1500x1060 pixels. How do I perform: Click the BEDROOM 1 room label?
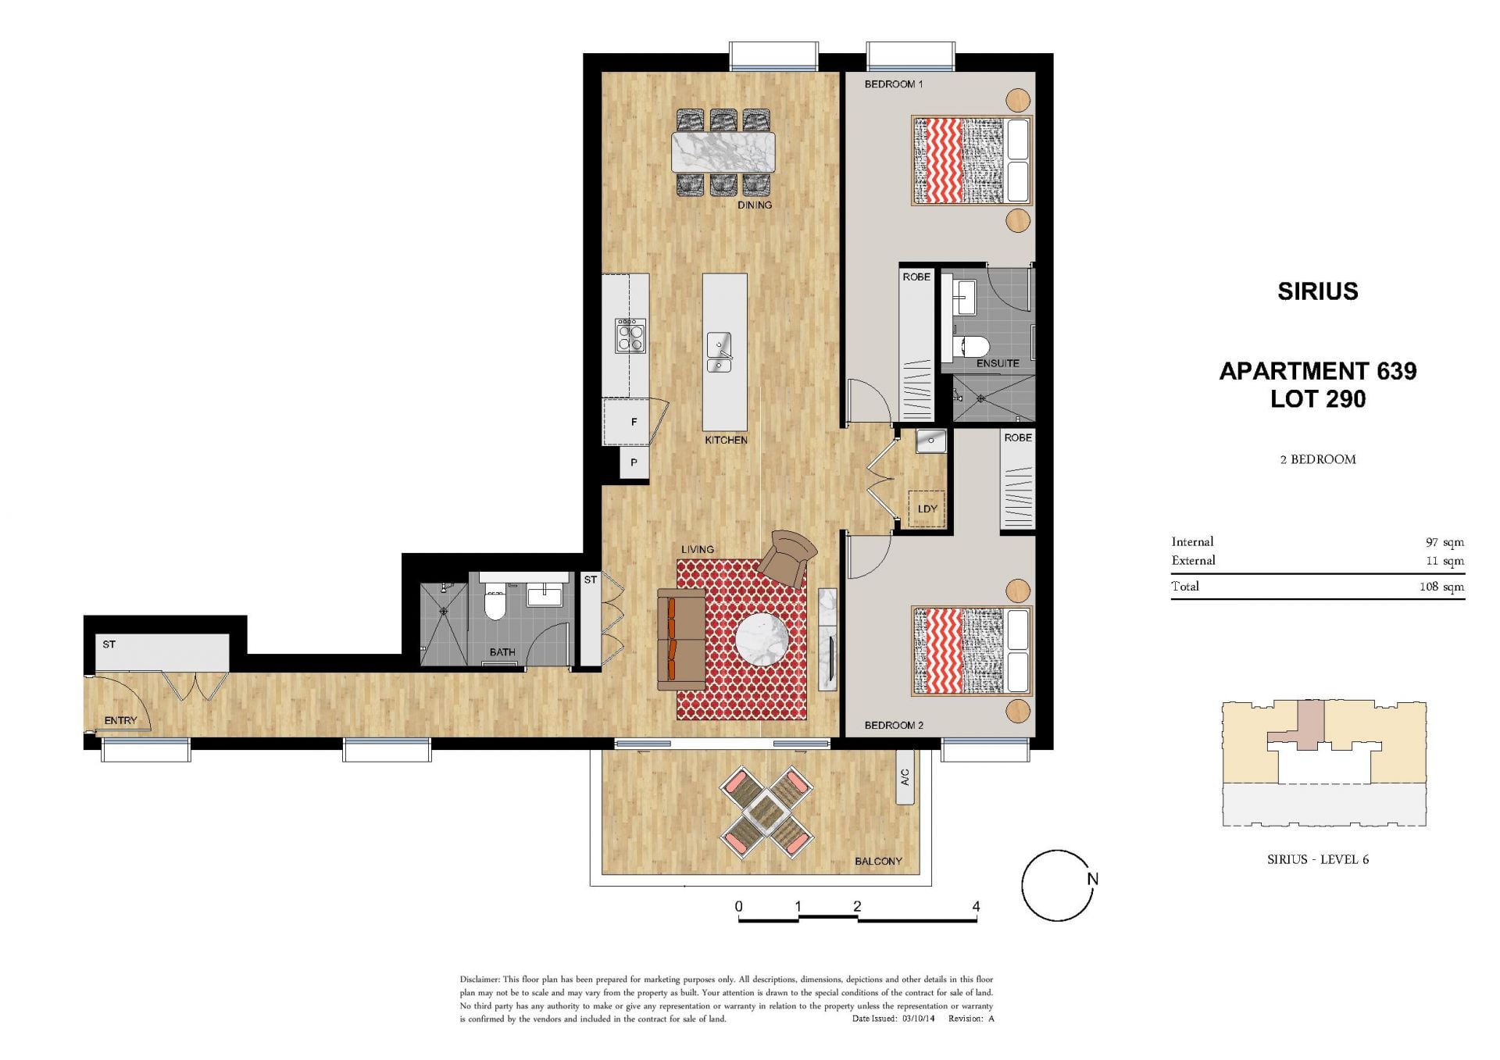[x=893, y=84]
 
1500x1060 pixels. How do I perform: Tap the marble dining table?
[x=723, y=152]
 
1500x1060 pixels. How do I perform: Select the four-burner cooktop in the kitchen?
[x=630, y=335]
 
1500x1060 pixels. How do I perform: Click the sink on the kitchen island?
[x=719, y=352]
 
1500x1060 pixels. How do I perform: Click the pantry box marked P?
[x=634, y=462]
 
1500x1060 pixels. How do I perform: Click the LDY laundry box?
[x=927, y=509]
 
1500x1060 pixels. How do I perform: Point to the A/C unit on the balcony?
[x=905, y=777]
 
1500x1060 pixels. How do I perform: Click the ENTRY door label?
[x=120, y=720]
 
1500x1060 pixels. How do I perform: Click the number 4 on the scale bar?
[x=976, y=906]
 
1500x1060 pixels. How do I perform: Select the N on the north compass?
[x=1092, y=879]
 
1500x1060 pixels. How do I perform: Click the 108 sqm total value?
[x=1441, y=587]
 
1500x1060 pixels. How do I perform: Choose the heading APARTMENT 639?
[x=1318, y=370]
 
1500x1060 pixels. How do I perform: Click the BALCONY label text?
[x=878, y=861]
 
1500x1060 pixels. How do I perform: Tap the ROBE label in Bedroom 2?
[x=1018, y=437]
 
